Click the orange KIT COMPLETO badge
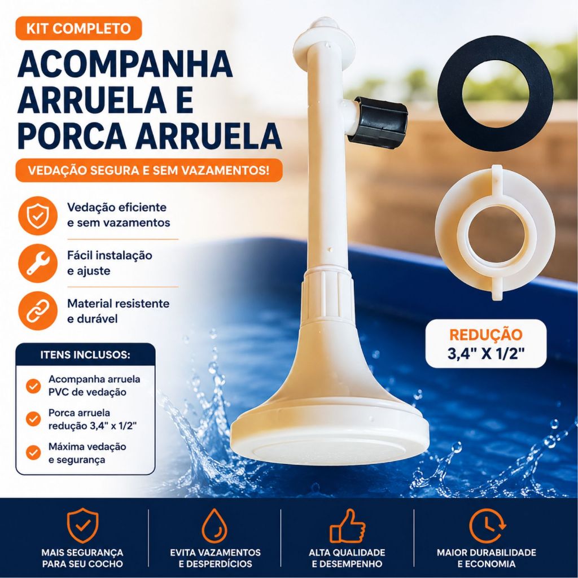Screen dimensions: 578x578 pos(78,28)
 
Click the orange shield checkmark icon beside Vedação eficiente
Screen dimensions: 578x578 pos(38,216)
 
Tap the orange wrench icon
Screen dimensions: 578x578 pos(38,263)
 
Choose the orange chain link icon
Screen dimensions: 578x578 pos(38,311)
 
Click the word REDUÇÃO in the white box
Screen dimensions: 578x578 pos(486,335)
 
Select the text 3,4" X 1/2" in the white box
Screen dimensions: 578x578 pos(486,354)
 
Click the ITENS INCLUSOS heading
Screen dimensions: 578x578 pos(85,355)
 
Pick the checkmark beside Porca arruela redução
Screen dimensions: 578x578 pos(33,419)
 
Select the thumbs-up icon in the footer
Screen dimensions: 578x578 pos(347,526)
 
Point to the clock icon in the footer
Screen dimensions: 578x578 pos(487,526)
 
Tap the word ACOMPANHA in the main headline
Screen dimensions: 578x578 pos(125,65)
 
